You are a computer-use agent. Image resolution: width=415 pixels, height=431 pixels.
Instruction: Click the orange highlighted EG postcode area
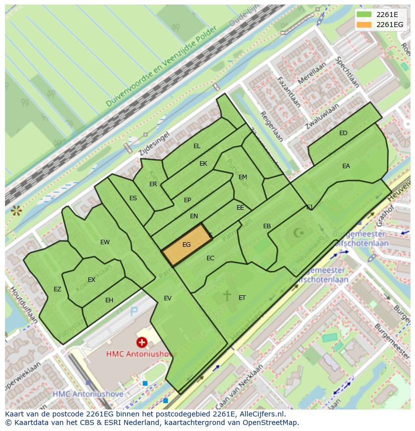point(187,245)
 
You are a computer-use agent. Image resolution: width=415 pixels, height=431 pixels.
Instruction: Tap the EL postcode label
point(197,146)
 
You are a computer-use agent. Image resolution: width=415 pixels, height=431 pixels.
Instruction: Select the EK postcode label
point(203,164)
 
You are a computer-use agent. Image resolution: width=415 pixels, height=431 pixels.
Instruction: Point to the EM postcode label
point(243,177)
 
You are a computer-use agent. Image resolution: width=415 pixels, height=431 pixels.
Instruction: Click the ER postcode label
point(153,184)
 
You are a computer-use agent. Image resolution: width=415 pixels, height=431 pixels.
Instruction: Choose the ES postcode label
point(133,198)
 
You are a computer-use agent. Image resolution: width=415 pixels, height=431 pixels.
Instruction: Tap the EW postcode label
point(105,242)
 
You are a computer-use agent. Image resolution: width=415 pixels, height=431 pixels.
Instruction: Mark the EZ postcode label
point(57,289)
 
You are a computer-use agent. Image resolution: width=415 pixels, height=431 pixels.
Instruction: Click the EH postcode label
point(109,300)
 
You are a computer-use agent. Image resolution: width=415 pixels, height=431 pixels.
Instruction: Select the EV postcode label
point(167,298)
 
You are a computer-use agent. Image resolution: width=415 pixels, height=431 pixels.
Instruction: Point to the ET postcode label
point(242,298)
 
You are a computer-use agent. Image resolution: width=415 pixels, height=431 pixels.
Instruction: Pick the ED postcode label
point(343,133)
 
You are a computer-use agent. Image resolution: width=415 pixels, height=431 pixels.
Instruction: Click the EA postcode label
point(346,166)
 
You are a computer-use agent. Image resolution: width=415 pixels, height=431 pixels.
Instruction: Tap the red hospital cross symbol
point(142,342)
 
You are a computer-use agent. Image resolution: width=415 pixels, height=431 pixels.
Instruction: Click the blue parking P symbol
point(134,312)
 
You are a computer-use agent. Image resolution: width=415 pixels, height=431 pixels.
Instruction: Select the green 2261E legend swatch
point(364,15)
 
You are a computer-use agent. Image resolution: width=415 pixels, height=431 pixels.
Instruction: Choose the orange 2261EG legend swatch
point(364,25)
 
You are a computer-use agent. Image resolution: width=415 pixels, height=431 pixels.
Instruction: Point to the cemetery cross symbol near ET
point(227,295)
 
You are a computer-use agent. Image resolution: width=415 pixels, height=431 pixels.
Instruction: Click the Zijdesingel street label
point(154,142)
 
